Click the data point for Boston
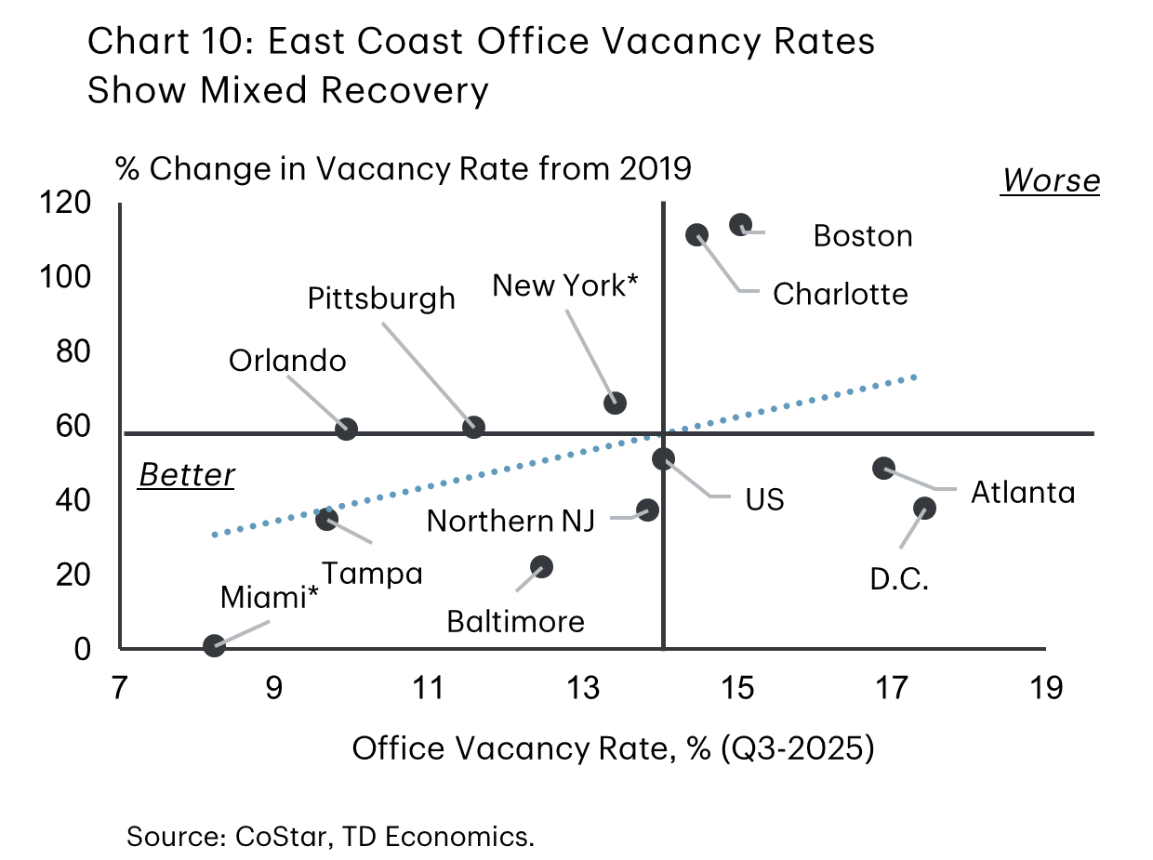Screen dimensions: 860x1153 click(740, 224)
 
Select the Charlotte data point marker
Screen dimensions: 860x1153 click(696, 235)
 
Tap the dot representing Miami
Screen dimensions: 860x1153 click(214, 645)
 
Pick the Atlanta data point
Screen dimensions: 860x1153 click(883, 468)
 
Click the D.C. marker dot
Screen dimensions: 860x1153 click(924, 508)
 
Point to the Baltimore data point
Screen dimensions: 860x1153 click(541, 566)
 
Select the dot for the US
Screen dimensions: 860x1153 click(663, 458)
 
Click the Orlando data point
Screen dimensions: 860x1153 click(347, 429)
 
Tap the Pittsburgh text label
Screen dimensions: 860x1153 click(382, 298)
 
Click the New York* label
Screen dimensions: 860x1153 click(564, 285)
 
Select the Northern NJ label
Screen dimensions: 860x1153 click(516, 521)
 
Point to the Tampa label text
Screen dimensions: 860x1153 click(372, 574)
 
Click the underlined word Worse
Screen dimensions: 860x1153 click(1050, 180)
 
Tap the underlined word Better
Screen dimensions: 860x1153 click(187, 475)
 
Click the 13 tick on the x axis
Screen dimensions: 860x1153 click(584, 690)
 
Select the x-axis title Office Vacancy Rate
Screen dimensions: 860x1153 click(612, 748)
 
